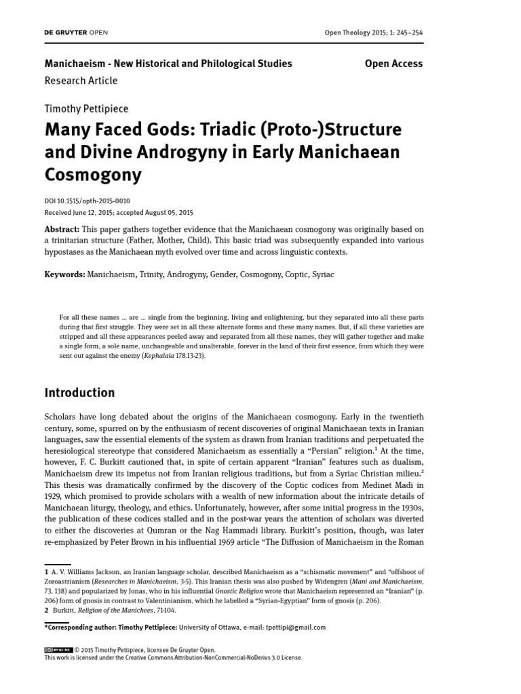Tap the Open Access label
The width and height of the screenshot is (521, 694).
(x=393, y=64)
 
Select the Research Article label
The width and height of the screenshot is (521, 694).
(x=81, y=81)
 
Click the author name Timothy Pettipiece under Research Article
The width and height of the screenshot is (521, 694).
(x=86, y=108)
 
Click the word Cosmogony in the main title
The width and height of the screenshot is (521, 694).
(x=93, y=175)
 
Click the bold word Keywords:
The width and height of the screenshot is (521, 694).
(x=65, y=274)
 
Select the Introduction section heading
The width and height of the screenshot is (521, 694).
(x=79, y=392)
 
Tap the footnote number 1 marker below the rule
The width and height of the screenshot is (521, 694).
(x=47, y=573)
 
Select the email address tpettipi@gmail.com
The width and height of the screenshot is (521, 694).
(x=288, y=627)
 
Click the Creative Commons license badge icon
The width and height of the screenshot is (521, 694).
(x=58, y=649)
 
